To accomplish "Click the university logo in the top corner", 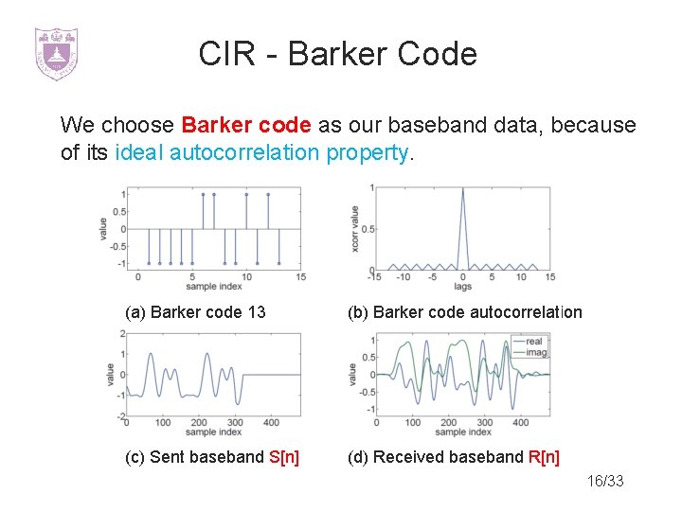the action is point(56,53).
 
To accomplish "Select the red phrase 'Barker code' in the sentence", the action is point(245,125).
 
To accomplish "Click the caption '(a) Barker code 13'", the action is point(196,312).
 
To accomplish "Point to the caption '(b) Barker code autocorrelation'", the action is point(464,312).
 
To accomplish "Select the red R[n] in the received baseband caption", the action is point(543,457).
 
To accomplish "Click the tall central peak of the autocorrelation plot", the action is point(462,194).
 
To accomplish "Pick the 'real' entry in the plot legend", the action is point(533,342).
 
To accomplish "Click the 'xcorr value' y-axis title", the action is point(354,228).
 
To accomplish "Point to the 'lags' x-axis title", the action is point(462,286).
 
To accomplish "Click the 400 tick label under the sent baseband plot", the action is point(271,422).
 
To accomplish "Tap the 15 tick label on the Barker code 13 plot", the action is point(300,276).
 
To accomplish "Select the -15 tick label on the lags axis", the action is point(374,276).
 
